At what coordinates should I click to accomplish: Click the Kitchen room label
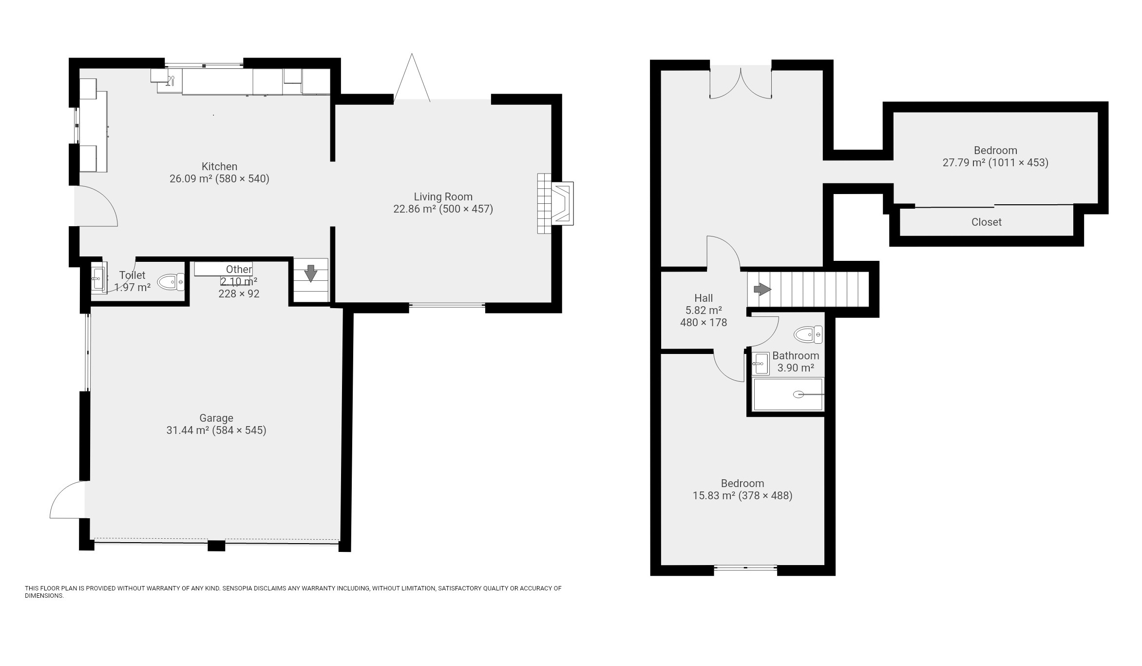click(219, 167)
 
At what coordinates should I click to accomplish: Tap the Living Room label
click(443, 197)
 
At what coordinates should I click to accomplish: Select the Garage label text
click(216, 418)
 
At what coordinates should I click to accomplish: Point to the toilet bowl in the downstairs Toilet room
click(171, 282)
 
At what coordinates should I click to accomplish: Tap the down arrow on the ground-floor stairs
click(310, 273)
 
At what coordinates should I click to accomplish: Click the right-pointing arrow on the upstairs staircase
click(762, 290)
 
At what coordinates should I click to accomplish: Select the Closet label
click(986, 222)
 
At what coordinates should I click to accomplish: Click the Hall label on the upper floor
click(704, 298)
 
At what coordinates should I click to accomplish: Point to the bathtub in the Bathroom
click(788, 394)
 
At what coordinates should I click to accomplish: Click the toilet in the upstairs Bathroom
click(808, 334)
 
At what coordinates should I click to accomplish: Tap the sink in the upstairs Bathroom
click(760, 364)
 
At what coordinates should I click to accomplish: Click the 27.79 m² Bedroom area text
click(995, 163)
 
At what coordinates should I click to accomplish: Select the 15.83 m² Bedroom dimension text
click(742, 496)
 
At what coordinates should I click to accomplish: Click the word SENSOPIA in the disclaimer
click(238, 588)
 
